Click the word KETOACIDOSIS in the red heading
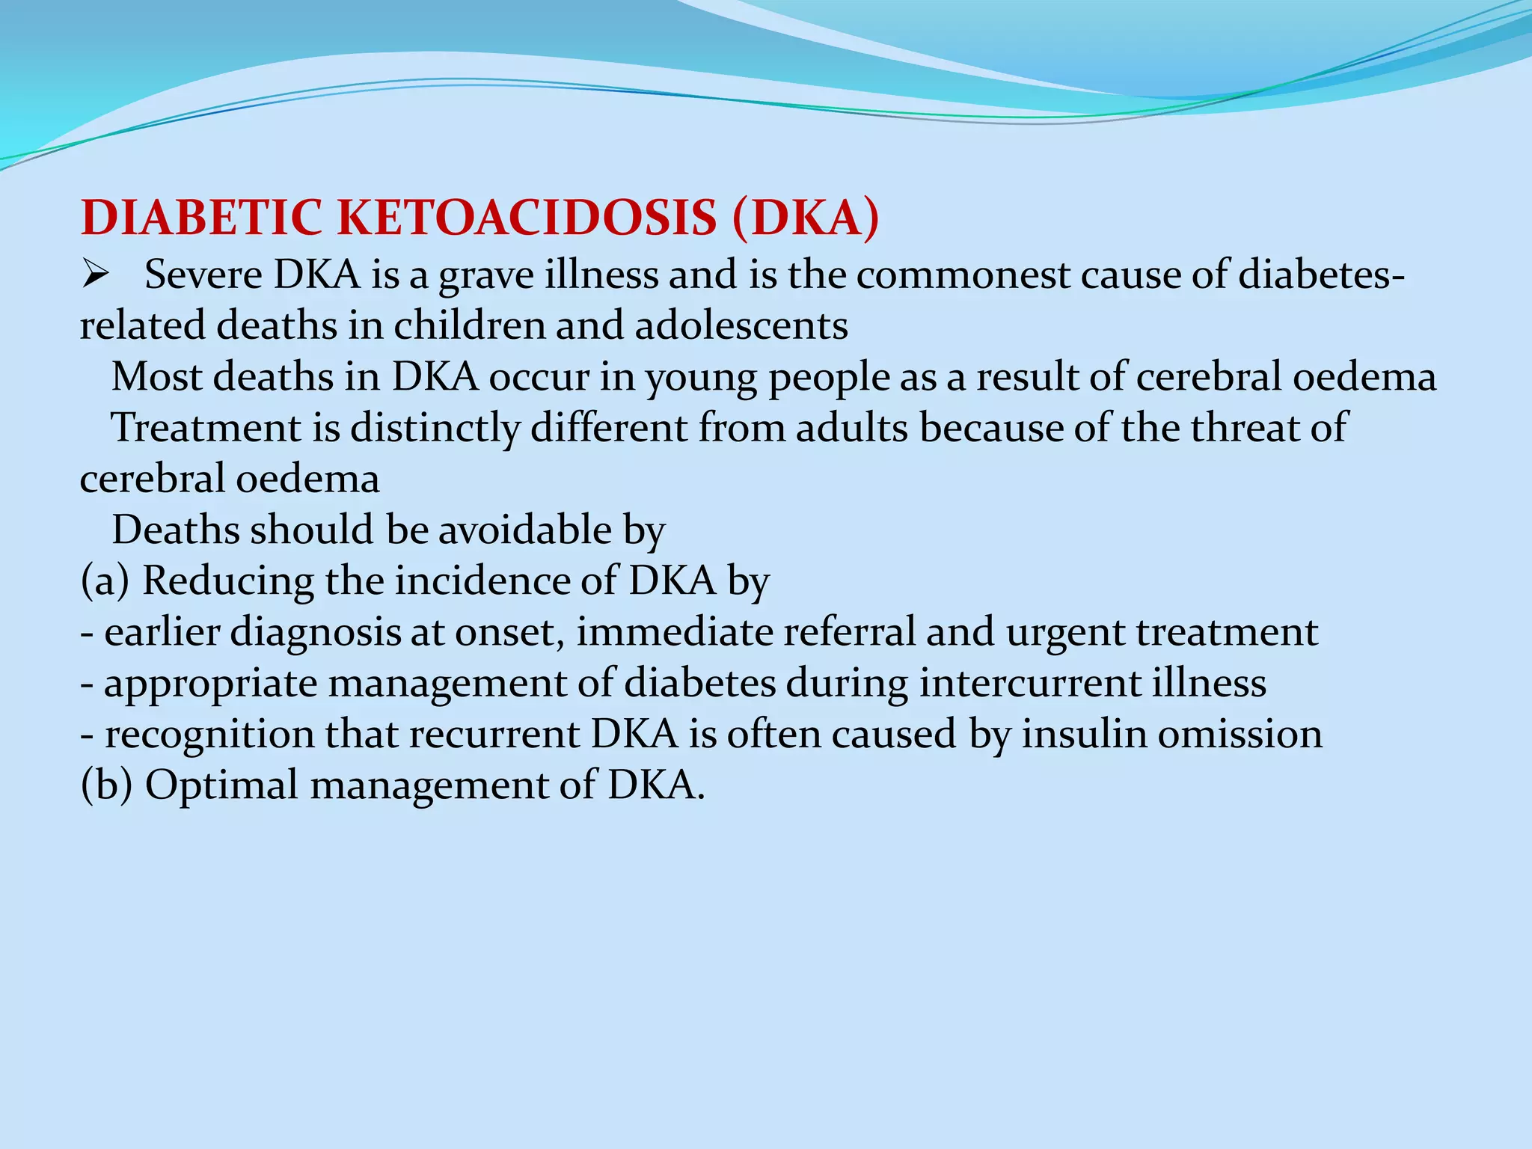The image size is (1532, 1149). pyautogui.click(x=527, y=218)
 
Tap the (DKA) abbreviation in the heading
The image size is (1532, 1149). pyautogui.click(x=806, y=218)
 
